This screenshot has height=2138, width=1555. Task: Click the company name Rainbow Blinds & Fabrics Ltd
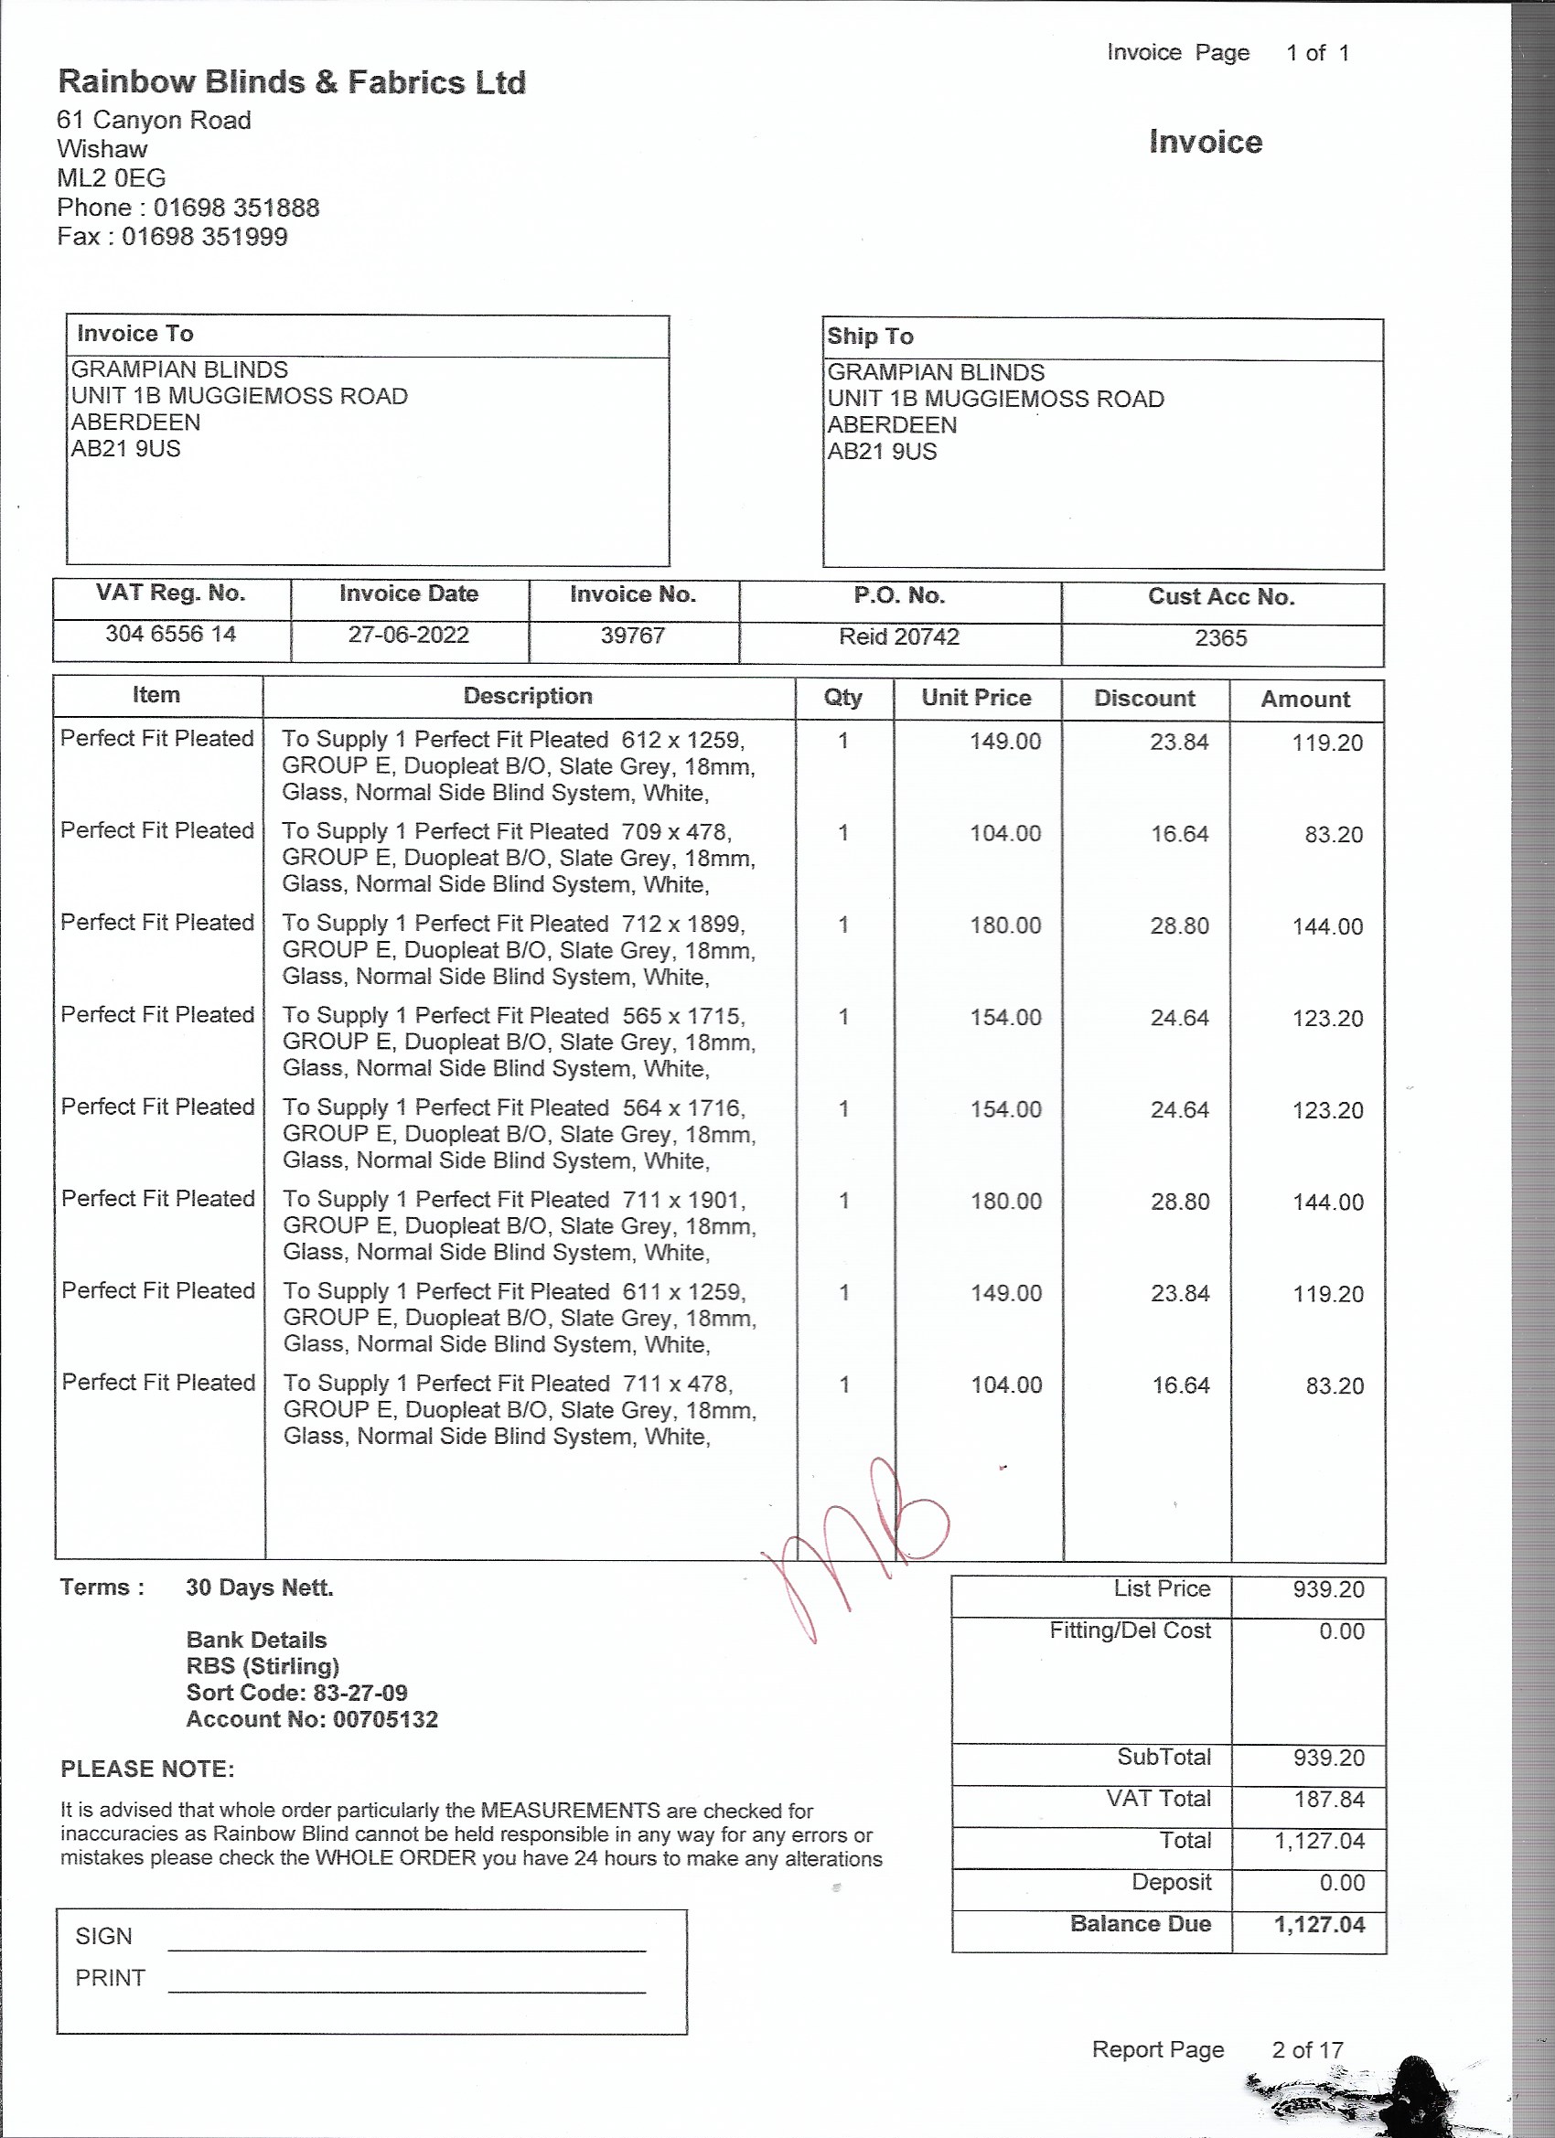292,83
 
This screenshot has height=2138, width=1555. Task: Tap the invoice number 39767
633,636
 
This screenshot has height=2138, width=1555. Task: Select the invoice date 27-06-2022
408,635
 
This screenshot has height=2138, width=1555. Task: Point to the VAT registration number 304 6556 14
171,634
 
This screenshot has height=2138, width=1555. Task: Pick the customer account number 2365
1220,638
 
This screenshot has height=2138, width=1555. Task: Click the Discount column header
1144,699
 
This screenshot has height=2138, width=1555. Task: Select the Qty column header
842,697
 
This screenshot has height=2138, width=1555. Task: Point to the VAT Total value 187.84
1329,1799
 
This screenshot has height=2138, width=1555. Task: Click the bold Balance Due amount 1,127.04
1319,1924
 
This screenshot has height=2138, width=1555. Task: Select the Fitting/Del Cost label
1130,1630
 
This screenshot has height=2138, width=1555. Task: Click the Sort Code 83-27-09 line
297,1692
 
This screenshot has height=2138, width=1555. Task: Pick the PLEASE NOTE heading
147,1769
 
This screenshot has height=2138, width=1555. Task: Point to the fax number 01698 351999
204,237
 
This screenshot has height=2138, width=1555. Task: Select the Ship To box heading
870,337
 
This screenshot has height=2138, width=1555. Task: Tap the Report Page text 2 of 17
1307,2049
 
